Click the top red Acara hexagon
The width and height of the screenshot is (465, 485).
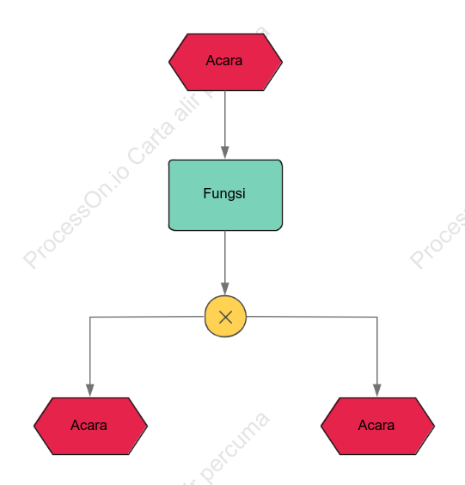pos(225,62)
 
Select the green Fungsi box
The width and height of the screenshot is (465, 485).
pos(225,195)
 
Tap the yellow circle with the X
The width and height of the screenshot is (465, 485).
pos(225,317)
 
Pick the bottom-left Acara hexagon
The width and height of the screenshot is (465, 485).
pos(90,426)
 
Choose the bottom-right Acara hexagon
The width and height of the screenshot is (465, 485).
pos(377,426)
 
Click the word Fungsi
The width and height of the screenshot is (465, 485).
pos(224,194)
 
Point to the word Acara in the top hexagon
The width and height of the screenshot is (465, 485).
pos(224,60)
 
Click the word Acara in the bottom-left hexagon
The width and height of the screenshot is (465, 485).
pos(89,425)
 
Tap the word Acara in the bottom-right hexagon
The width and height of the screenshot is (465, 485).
pos(376,425)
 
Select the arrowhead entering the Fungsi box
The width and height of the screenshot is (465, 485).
pos(225,153)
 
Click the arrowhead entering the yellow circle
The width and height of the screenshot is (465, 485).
pos(225,289)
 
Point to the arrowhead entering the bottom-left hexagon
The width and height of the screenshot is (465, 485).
pos(90,391)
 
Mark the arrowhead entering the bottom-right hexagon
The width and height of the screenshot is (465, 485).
pos(377,391)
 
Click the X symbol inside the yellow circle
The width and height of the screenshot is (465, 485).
pos(225,318)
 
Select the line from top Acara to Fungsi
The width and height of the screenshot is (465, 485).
pos(225,125)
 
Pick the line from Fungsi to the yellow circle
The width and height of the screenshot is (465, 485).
pos(225,263)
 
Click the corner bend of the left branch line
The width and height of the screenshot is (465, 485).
pos(90,317)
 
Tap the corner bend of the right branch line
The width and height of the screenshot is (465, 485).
pos(377,317)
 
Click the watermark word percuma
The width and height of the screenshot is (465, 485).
pos(235,446)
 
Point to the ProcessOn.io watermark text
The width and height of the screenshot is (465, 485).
pos(76,218)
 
